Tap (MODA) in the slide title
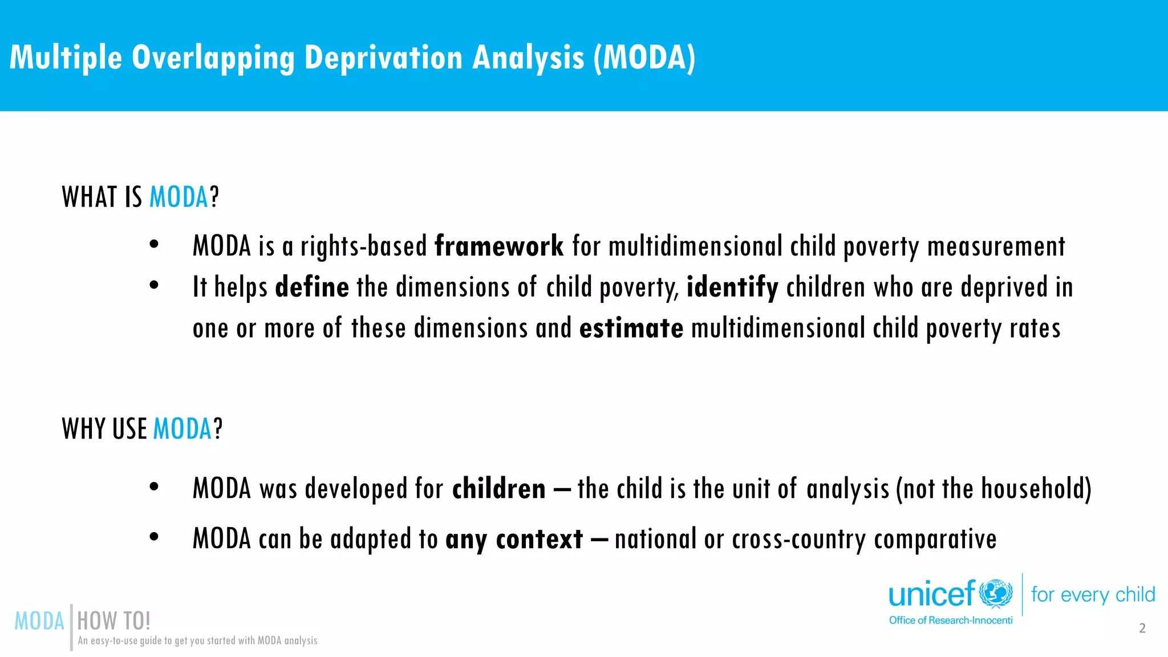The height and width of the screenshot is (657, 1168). (x=644, y=58)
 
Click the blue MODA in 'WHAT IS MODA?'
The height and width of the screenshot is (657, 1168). (x=179, y=197)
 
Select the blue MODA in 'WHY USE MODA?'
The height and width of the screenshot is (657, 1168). (x=182, y=429)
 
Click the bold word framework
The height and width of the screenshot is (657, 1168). (x=499, y=246)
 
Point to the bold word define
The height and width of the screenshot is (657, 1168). (x=312, y=287)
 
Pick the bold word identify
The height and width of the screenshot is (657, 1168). (x=732, y=287)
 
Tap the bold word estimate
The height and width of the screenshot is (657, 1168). (x=631, y=328)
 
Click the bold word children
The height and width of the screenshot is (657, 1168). (x=499, y=489)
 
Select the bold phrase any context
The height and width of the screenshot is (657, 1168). (x=514, y=539)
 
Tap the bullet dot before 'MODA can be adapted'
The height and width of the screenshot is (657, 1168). (x=154, y=537)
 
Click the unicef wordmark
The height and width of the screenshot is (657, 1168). (x=932, y=595)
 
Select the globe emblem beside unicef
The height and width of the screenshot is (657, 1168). (x=996, y=594)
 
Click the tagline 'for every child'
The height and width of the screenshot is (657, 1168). (x=1093, y=595)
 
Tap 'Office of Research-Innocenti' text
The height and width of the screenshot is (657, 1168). (x=951, y=620)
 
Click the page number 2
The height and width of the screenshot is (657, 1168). (x=1142, y=628)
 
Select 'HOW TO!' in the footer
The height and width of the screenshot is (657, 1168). (x=113, y=621)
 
